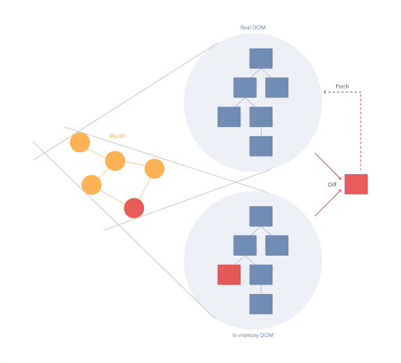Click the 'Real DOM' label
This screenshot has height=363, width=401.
(253, 27)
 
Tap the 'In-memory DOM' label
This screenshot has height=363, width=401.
(253, 335)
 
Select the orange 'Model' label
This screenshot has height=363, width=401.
(117, 136)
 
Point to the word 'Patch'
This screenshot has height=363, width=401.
(342, 86)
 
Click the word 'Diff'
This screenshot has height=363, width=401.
(332, 184)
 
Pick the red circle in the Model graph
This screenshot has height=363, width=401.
(134, 208)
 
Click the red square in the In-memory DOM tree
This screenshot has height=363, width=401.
(229, 274)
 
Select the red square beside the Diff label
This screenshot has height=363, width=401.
(356, 184)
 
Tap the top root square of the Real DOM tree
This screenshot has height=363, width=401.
(261, 59)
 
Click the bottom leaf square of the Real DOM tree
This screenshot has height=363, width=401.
(261, 146)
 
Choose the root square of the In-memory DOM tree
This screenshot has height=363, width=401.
(261, 216)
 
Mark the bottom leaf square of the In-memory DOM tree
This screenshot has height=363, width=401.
(261, 304)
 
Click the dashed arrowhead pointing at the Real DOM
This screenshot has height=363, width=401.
(325, 92)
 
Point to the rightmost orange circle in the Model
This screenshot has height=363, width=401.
(154, 169)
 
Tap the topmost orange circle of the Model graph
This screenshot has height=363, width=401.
(80, 142)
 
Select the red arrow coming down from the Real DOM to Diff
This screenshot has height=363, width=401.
(328, 166)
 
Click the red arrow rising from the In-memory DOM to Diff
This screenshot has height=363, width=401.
(328, 203)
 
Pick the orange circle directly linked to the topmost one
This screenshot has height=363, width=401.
(115, 161)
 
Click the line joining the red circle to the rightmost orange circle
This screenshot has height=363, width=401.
(145, 189)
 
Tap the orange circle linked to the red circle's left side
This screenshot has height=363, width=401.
(92, 185)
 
